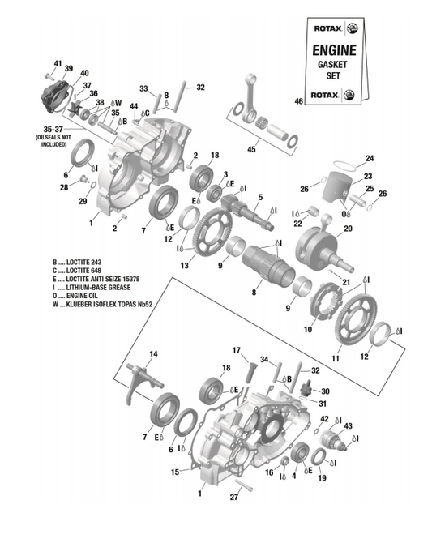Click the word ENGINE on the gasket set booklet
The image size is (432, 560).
pos(334,50)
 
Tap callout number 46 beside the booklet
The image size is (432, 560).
pos(299,101)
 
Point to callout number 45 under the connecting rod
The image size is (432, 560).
pos(251,148)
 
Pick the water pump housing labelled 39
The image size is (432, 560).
pos(55,96)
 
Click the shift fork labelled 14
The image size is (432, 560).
pos(143,383)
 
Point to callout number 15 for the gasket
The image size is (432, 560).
pos(175,472)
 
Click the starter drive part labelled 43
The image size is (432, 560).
pos(333,440)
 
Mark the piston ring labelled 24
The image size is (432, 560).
pos(344,165)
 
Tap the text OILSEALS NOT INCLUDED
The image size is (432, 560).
pos(53,141)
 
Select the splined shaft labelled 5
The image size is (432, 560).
pos(247,212)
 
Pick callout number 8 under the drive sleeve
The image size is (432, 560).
pos(254,292)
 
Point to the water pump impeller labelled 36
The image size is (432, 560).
pos(75,107)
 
